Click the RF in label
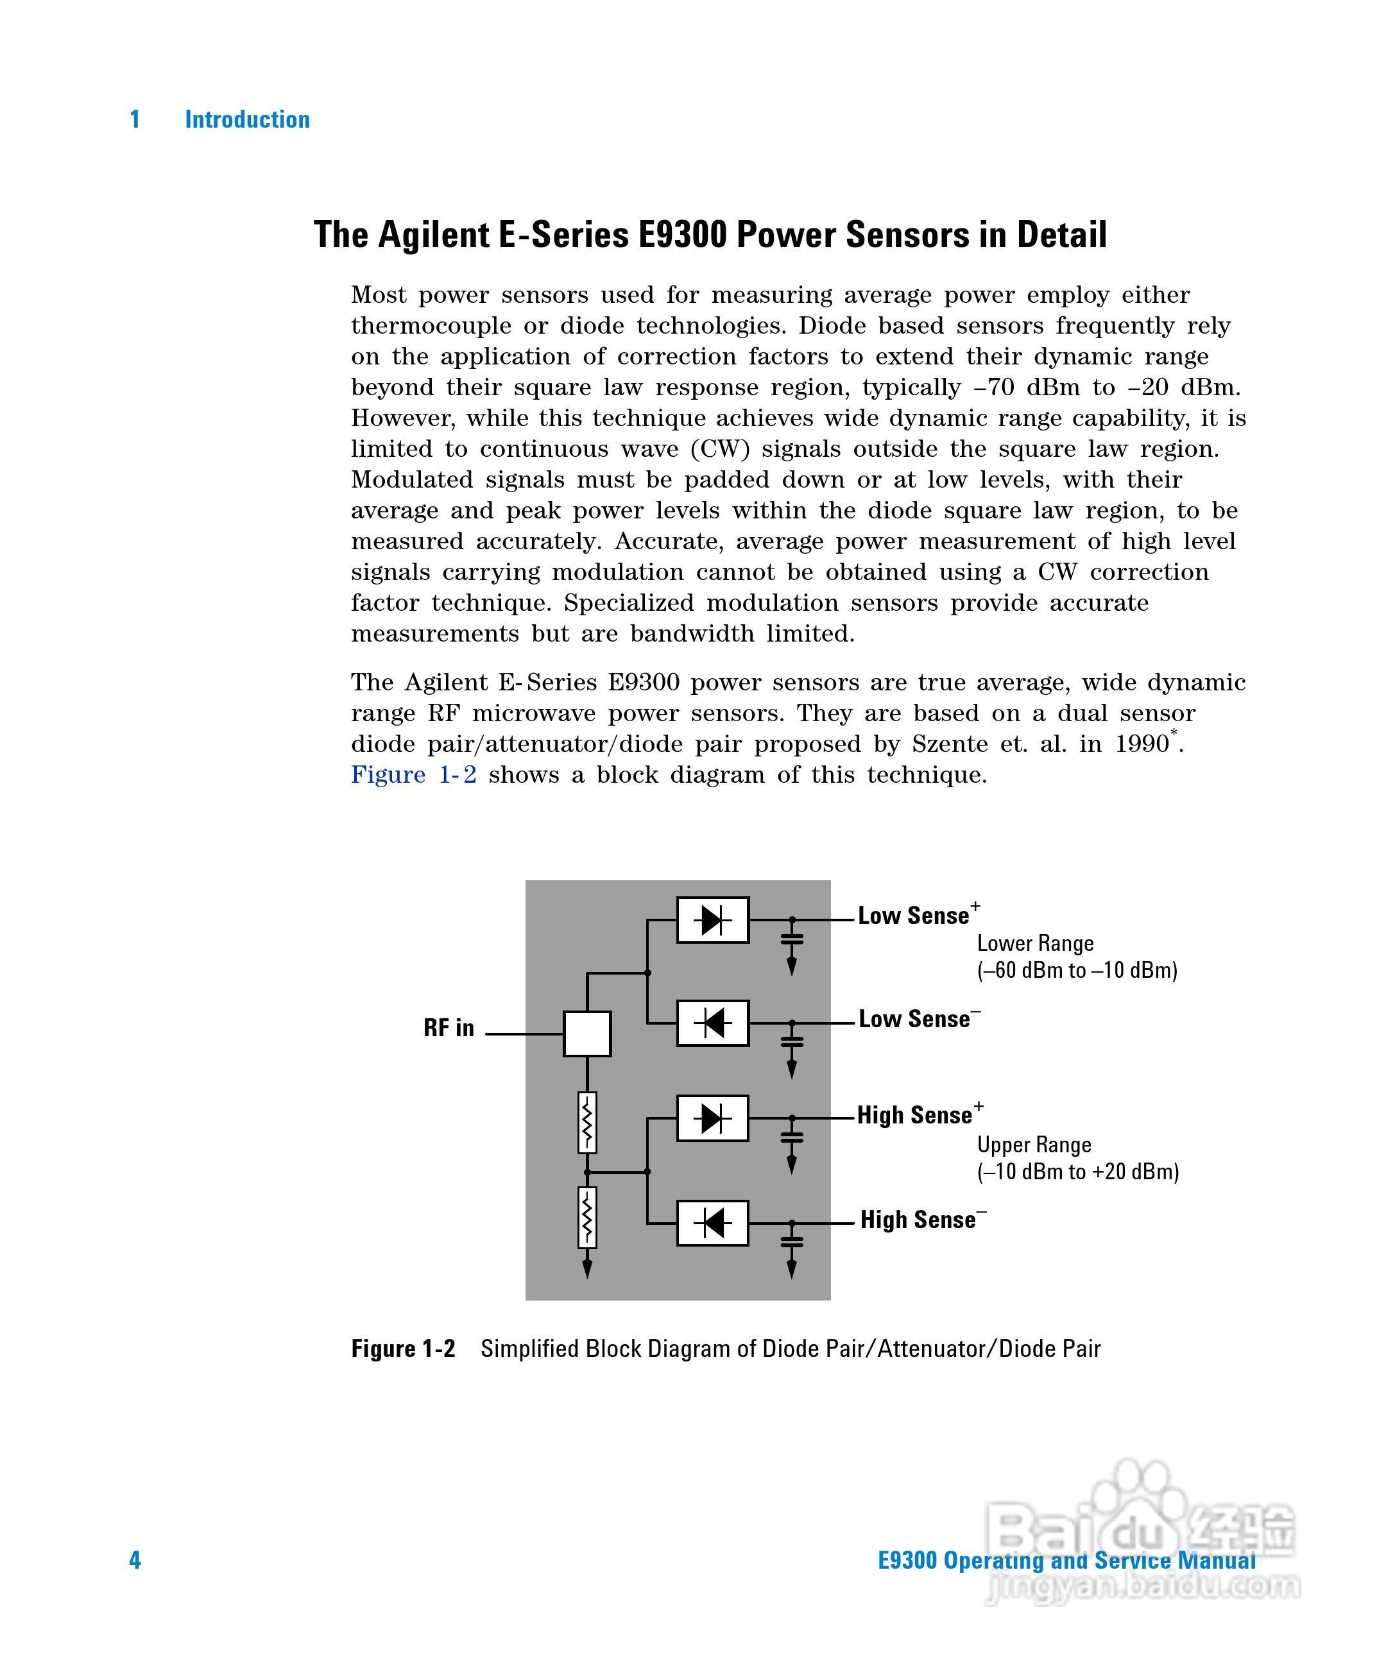click(x=449, y=1028)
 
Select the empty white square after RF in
click(x=587, y=1034)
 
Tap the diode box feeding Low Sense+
click(x=713, y=919)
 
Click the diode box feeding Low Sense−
click(x=713, y=1023)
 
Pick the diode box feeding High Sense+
click(x=713, y=1118)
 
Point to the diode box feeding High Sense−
click(x=713, y=1223)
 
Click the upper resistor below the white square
click(x=587, y=1122)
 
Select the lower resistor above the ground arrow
click(x=587, y=1217)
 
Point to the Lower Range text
click(x=1034, y=943)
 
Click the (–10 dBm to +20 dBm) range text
click(x=1077, y=1172)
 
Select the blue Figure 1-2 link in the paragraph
click(x=413, y=774)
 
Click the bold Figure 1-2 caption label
click(x=403, y=1349)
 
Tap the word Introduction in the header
click(x=247, y=119)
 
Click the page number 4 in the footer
click(x=135, y=1560)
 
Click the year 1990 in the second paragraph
click(x=1142, y=744)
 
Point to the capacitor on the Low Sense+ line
click(x=791, y=939)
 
